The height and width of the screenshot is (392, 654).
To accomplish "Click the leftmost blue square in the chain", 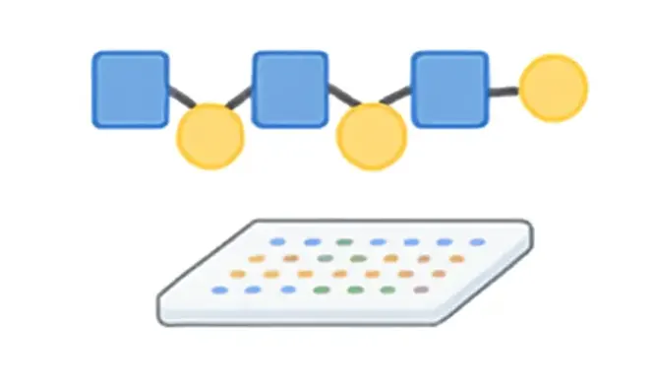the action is coord(130,90).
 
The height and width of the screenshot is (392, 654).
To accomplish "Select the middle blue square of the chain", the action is coord(289,90).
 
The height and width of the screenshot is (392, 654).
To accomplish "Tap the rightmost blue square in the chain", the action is coord(449,90).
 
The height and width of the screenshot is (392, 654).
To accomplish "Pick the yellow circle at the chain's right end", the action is coord(553,89).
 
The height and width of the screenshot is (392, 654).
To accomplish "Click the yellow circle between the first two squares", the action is coord(209,136).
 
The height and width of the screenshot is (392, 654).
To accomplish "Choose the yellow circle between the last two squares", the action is coord(371,136).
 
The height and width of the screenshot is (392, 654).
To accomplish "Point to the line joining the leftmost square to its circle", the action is coord(178,101).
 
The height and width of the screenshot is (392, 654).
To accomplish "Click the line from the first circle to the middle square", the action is coord(240,101).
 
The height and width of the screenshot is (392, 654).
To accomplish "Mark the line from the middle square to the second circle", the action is coord(338,101).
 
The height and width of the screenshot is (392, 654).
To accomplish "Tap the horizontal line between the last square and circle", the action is coord(504,93).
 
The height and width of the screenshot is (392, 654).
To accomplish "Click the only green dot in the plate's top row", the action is coord(343,242).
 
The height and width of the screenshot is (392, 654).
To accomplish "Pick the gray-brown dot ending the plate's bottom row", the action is coord(421,290).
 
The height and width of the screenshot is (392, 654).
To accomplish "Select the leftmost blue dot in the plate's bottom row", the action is coord(218,290).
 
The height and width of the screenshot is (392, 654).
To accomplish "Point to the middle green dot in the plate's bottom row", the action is coord(354,290).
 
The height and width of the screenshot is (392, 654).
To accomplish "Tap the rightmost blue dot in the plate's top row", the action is coord(477,242).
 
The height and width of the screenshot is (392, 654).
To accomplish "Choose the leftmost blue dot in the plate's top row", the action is coord(277,242).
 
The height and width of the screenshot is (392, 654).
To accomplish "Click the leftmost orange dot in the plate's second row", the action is coord(257,258).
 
